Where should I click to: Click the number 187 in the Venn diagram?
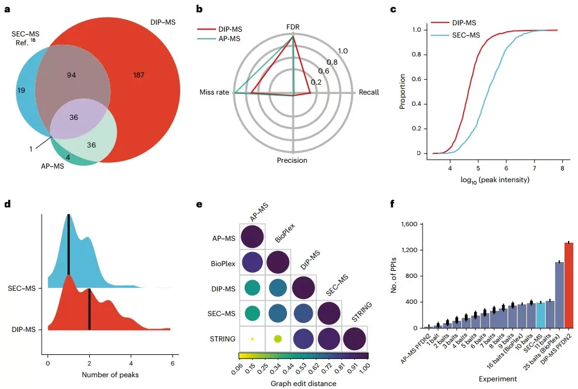pyautogui.click(x=138, y=75)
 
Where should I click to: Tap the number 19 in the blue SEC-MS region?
pyautogui.click(x=22, y=91)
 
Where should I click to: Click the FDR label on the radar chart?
pyautogui.click(x=293, y=27)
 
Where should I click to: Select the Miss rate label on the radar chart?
pyautogui.click(x=214, y=93)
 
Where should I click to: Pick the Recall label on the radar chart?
pyautogui.click(x=369, y=92)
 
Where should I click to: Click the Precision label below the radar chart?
pyautogui.click(x=292, y=160)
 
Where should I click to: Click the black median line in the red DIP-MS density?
pyautogui.click(x=89, y=308)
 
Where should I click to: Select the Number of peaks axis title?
pyautogui.click(x=106, y=374)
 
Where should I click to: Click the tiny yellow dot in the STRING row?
pyautogui.click(x=252, y=338)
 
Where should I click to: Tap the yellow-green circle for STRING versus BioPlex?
pyautogui.click(x=278, y=338)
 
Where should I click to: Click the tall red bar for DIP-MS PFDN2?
pyautogui.click(x=569, y=285)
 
